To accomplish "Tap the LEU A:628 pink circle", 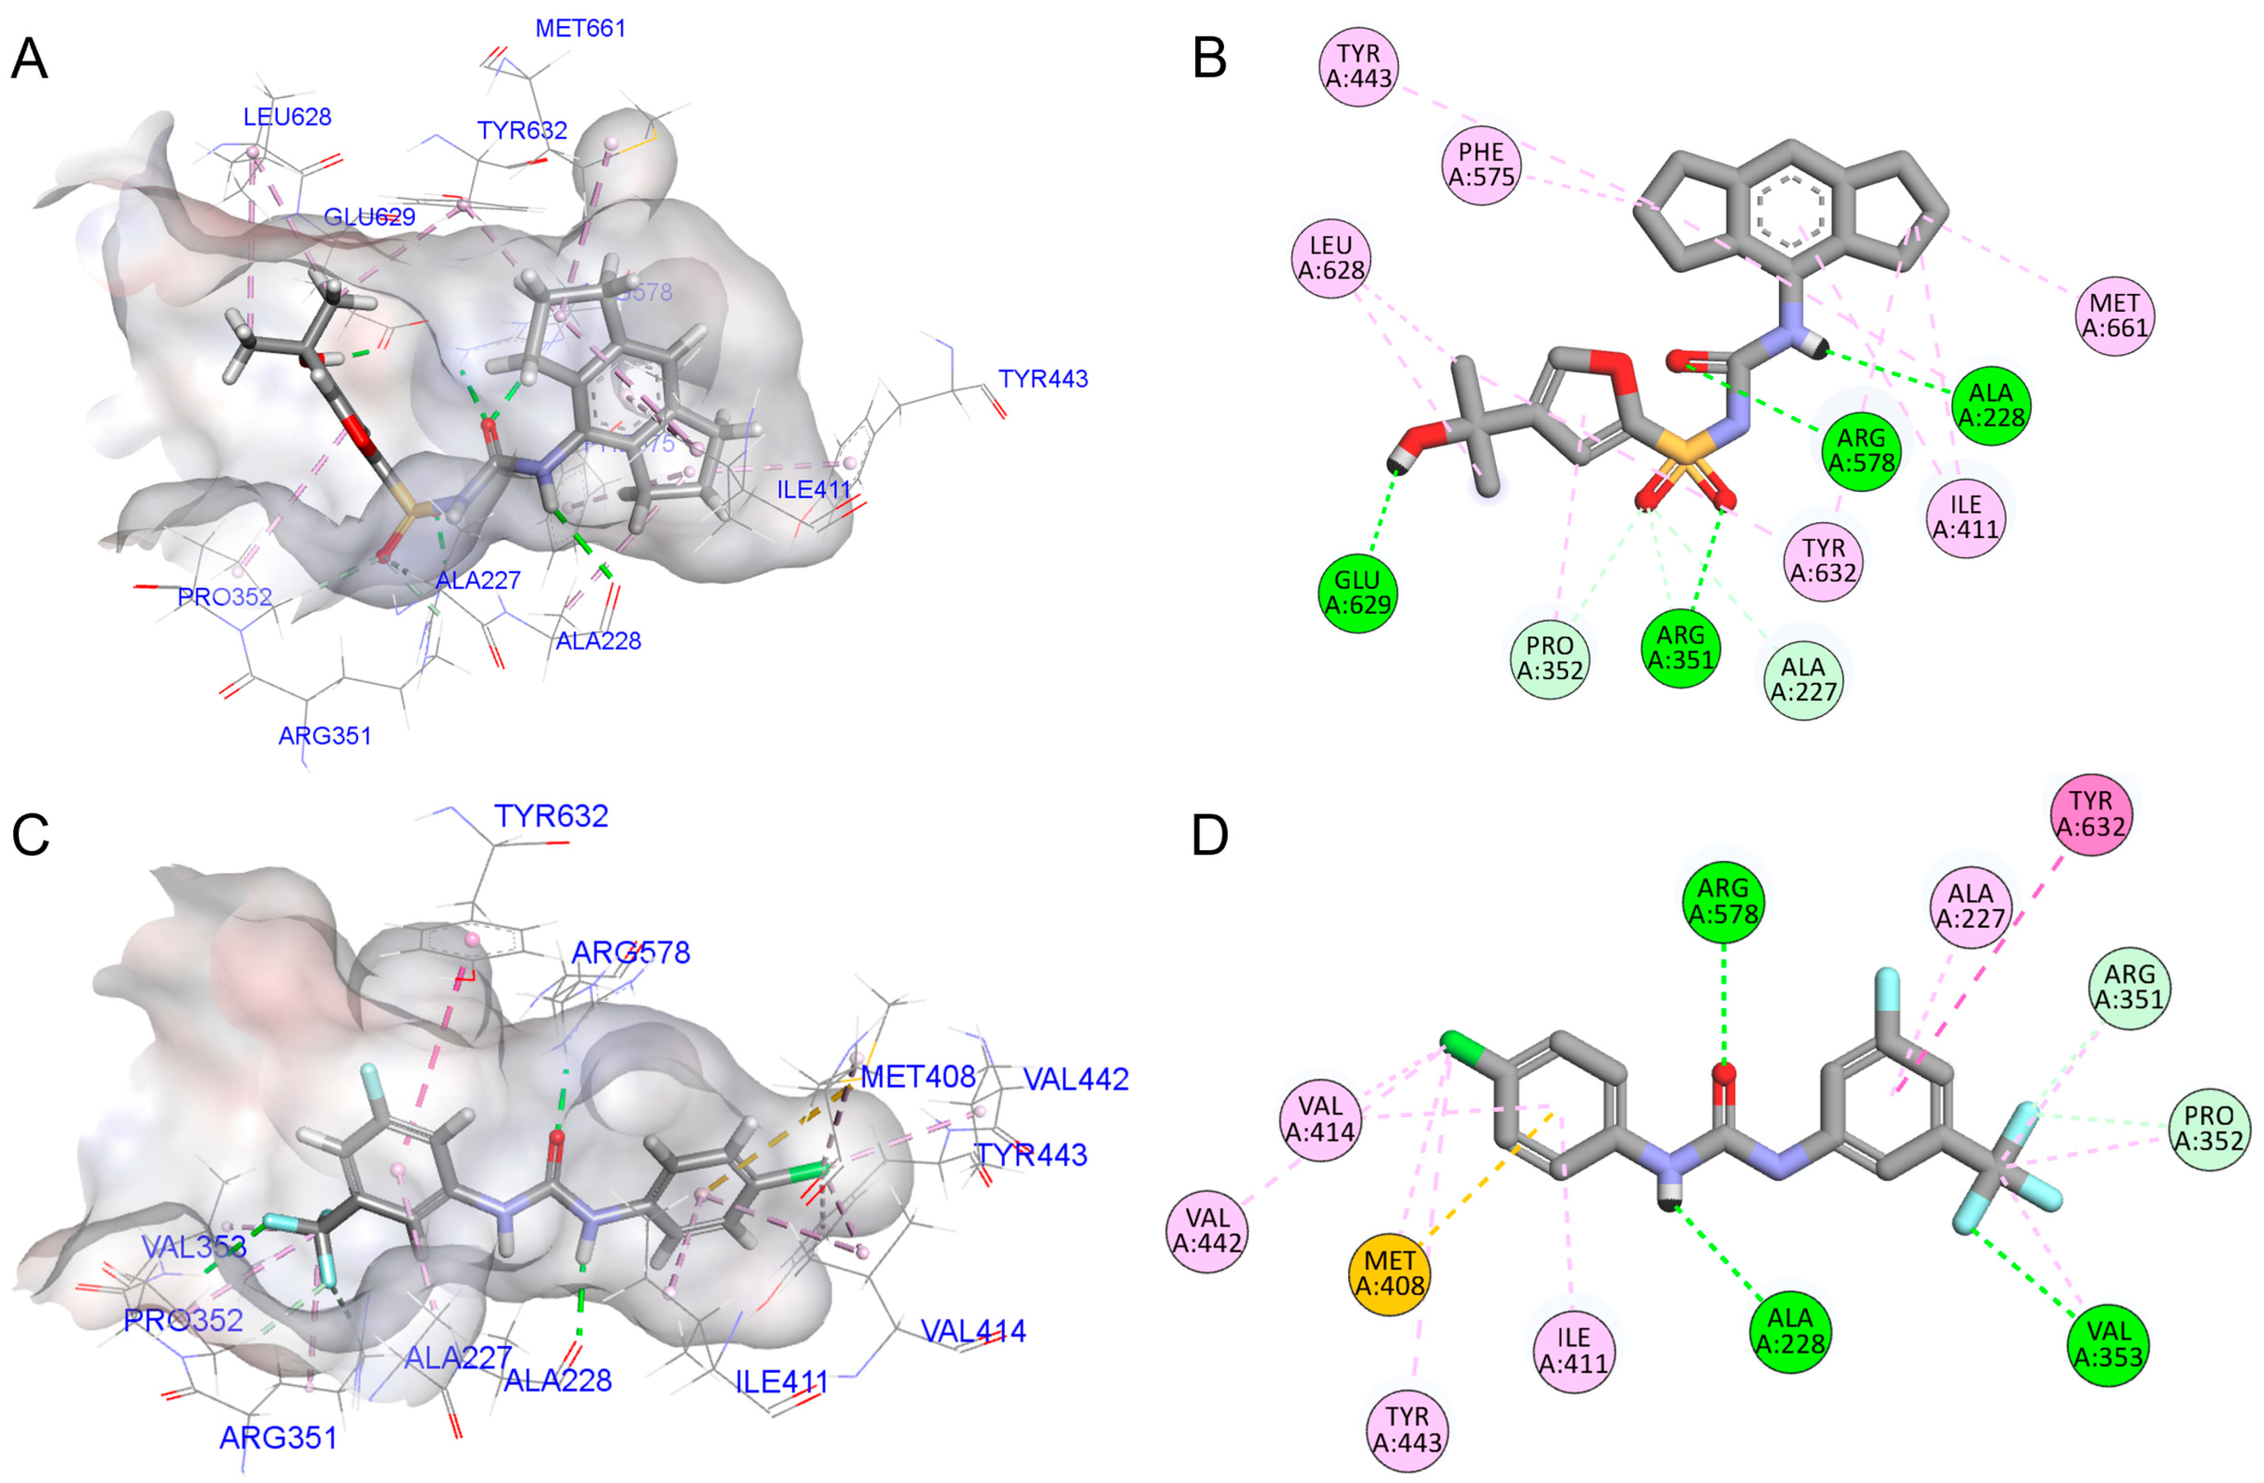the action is [1331, 258].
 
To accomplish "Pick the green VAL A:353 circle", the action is [2108, 1342].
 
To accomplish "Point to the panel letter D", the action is [1210, 835].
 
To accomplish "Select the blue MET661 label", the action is [580, 28].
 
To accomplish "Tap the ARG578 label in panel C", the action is [630, 952].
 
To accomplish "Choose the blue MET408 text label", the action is [918, 1077].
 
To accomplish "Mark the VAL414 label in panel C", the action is [973, 1330].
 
